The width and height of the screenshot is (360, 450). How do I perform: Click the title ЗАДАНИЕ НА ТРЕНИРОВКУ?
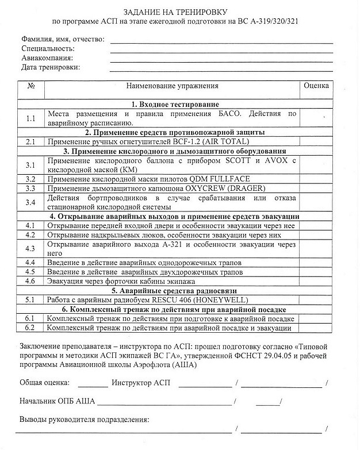click(180, 11)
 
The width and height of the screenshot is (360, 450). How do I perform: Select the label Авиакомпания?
click(47, 58)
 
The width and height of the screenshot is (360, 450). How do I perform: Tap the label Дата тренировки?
click(51, 67)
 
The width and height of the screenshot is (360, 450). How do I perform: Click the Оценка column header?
click(316, 86)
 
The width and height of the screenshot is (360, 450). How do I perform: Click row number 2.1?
click(32, 141)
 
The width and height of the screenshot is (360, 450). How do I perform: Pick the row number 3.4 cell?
click(32, 202)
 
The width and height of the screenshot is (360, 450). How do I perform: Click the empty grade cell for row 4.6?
click(316, 282)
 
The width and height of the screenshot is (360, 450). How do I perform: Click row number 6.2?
click(32, 328)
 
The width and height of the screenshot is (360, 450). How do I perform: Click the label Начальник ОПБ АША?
click(57, 401)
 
